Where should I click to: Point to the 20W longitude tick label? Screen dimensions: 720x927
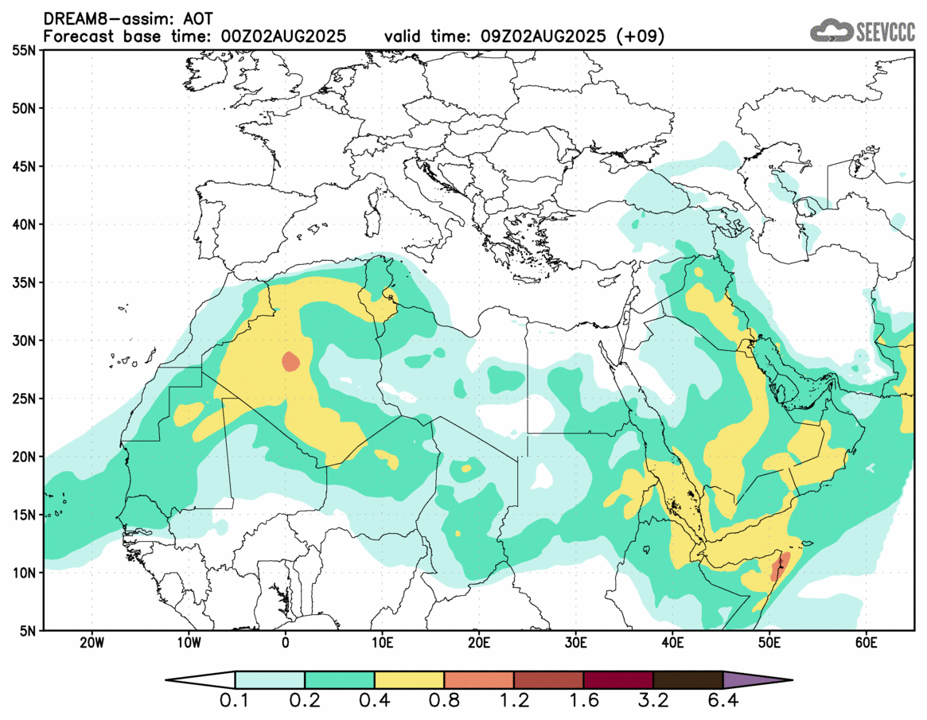pyautogui.click(x=92, y=642)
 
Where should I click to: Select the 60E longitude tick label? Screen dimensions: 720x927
pyautogui.click(x=866, y=642)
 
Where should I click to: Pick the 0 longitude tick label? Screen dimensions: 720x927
pyautogui.click(x=286, y=642)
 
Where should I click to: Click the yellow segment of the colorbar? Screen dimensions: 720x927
pyautogui.click(x=409, y=680)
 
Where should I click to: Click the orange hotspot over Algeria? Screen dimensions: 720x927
pyautogui.click(x=291, y=362)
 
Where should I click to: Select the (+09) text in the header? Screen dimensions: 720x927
pyautogui.click(x=642, y=37)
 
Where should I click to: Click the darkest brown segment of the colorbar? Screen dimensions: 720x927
pyautogui.click(x=687, y=680)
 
